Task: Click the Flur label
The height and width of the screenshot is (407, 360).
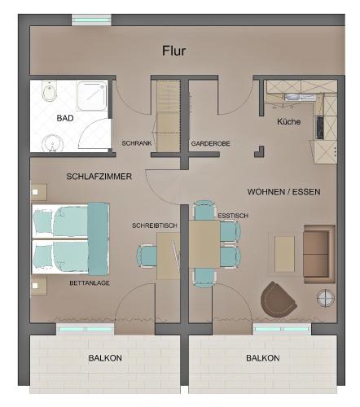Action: (173, 50)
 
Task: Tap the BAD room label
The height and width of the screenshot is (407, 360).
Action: (65, 118)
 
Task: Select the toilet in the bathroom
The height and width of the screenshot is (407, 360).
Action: (50, 91)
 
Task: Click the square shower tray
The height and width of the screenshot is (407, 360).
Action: (91, 96)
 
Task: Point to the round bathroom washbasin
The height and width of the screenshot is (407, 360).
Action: (52, 143)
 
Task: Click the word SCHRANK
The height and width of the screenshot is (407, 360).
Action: (137, 143)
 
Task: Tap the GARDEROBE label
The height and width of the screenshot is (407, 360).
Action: (210, 143)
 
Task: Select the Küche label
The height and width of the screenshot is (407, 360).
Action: (288, 121)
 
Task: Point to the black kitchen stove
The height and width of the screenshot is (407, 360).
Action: (320, 128)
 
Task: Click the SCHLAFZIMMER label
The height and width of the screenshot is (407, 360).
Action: (99, 177)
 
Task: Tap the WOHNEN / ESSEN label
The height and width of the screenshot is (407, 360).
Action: (283, 192)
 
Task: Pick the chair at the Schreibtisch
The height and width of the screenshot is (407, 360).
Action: (147, 256)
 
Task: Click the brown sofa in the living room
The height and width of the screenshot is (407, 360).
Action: (319, 254)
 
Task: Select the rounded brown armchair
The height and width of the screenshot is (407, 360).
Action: (278, 299)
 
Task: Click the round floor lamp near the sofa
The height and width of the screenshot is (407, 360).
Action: (326, 298)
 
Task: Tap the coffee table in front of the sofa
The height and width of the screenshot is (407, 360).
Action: (284, 254)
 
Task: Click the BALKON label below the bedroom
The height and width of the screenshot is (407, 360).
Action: (105, 358)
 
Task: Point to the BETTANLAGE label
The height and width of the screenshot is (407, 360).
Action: (90, 283)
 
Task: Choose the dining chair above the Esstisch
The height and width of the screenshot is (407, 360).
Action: (204, 210)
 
